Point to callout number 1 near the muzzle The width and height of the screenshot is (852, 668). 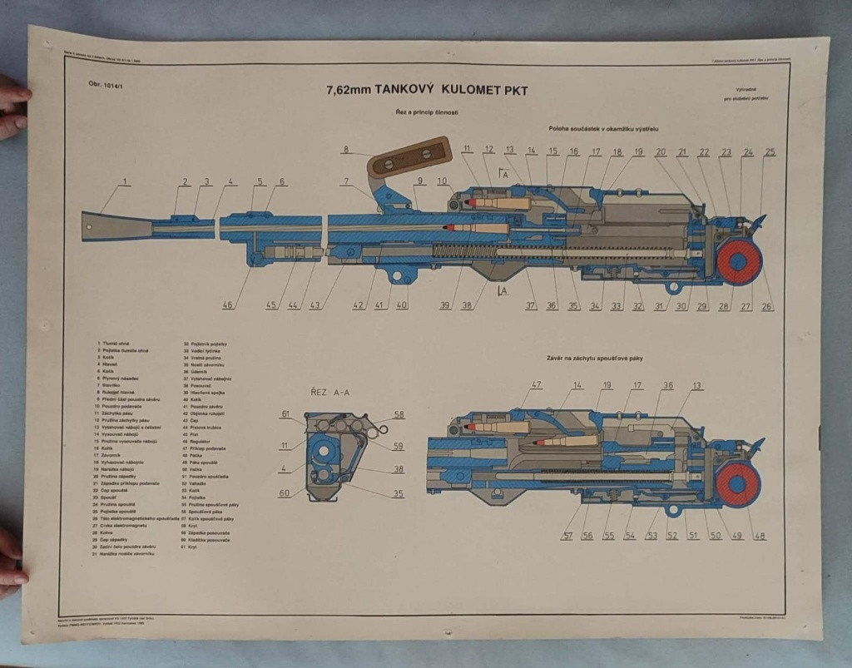[x=125, y=181]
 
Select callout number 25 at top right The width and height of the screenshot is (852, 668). [x=770, y=151]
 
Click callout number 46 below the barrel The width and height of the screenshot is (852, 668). [x=227, y=305]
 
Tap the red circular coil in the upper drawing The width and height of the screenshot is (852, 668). [x=739, y=261]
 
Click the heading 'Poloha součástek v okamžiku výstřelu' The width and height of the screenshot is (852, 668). [x=603, y=128]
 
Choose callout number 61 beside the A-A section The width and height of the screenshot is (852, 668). [x=285, y=413]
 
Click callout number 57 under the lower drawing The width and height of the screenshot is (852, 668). [x=567, y=535]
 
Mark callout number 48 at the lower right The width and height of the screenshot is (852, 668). [x=760, y=535]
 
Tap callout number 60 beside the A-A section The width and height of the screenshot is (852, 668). [x=285, y=492]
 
